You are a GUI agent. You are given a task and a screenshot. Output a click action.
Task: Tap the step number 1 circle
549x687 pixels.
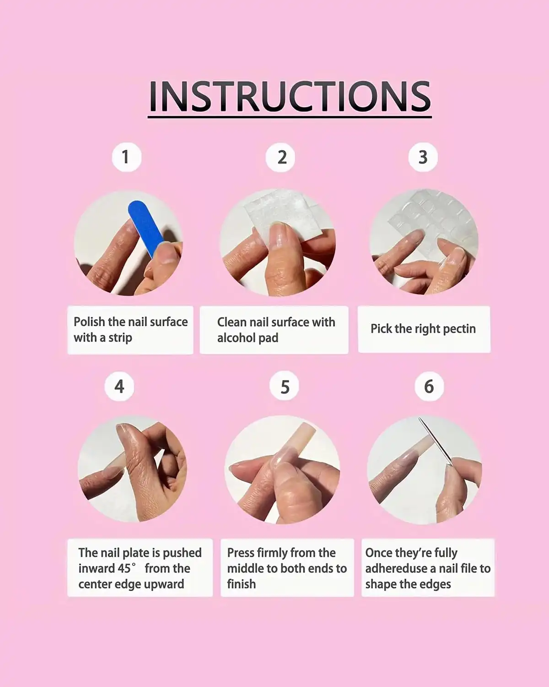point(127,157)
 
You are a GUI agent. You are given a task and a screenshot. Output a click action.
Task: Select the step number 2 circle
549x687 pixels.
point(280,157)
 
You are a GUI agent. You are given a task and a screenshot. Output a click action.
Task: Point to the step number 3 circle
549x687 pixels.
point(423,157)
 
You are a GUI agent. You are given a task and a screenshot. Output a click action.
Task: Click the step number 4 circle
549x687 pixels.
point(119,386)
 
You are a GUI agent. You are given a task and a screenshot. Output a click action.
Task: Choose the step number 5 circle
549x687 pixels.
point(284,386)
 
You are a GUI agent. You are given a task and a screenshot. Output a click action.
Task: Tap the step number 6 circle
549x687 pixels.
point(429,386)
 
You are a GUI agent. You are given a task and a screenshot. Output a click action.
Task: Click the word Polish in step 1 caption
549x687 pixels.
point(89,322)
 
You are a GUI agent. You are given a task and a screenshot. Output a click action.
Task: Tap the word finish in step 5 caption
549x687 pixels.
point(242,584)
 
